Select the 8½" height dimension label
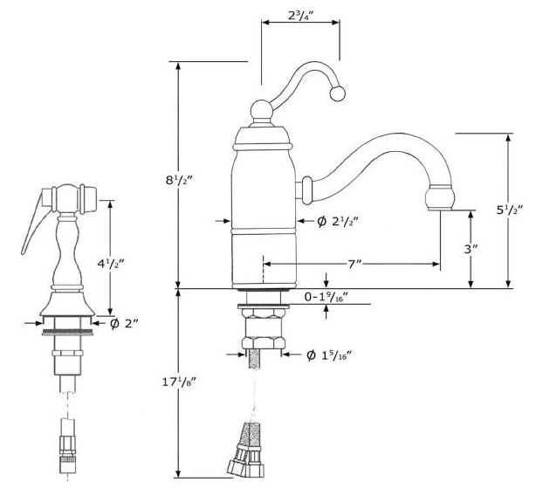179,182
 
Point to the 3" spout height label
471,249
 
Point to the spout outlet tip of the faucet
442,199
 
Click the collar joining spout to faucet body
307,188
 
